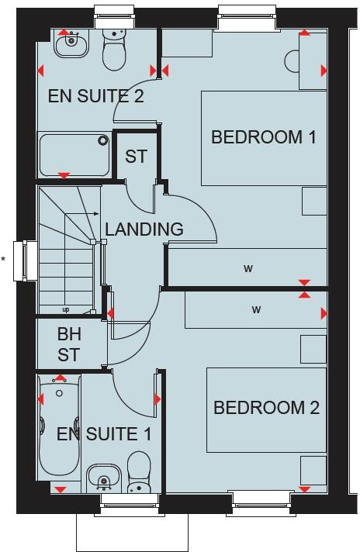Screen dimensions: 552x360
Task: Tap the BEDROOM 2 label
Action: pos(266,408)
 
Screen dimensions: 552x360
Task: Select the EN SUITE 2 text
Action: pos(96,97)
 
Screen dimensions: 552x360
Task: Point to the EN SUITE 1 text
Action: pos(103,434)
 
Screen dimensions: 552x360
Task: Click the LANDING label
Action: pos(144,229)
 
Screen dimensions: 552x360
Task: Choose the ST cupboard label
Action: pos(136,156)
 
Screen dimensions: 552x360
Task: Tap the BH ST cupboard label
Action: pos(68,346)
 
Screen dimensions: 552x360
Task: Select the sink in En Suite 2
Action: pos(70,43)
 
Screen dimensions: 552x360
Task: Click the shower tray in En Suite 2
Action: pos(75,154)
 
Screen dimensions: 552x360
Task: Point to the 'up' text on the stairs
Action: pos(65,310)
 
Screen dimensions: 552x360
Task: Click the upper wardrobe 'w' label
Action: pos(248,269)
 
